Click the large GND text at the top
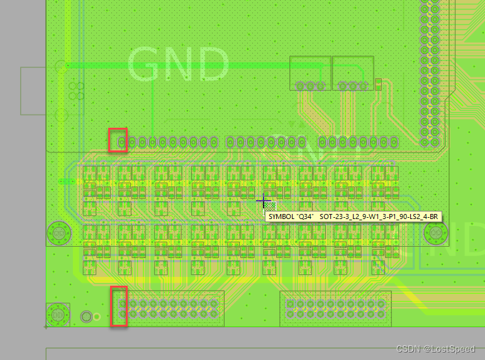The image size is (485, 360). (178, 64)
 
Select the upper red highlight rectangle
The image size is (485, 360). (118, 140)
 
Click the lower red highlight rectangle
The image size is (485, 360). (120, 307)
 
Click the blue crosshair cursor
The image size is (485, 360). (264, 200)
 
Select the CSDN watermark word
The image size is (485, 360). (409, 347)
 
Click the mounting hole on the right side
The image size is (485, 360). (434, 233)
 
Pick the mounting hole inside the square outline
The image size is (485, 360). (57, 315)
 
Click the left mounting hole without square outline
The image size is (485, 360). (57, 233)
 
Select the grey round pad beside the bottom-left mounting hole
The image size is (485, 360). (87, 316)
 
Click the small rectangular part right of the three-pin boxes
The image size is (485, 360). (378, 84)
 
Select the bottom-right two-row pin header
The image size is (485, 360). (336, 308)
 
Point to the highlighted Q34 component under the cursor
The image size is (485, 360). (270, 206)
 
